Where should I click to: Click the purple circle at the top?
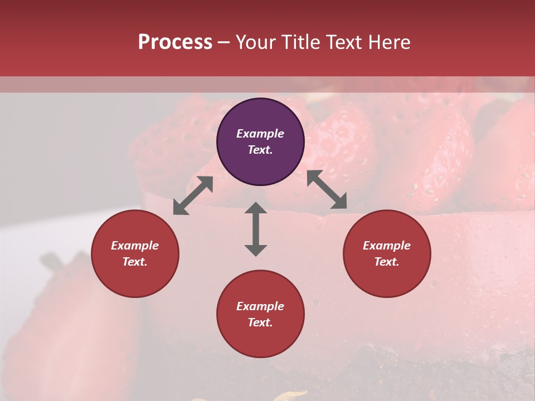260,141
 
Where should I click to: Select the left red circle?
135,253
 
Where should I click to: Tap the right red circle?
386,253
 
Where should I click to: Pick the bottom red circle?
260,314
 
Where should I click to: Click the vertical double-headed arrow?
256,229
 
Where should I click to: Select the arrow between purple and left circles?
193,195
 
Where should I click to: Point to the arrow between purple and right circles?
327,190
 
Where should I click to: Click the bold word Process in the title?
175,42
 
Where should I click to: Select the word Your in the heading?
256,42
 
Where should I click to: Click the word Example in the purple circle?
260,134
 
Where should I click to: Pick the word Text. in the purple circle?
260,150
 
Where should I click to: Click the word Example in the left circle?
135,246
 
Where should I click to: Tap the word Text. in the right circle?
386,262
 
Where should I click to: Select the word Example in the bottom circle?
260,306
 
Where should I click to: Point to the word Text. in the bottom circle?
260,322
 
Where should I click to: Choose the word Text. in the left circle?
135,262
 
